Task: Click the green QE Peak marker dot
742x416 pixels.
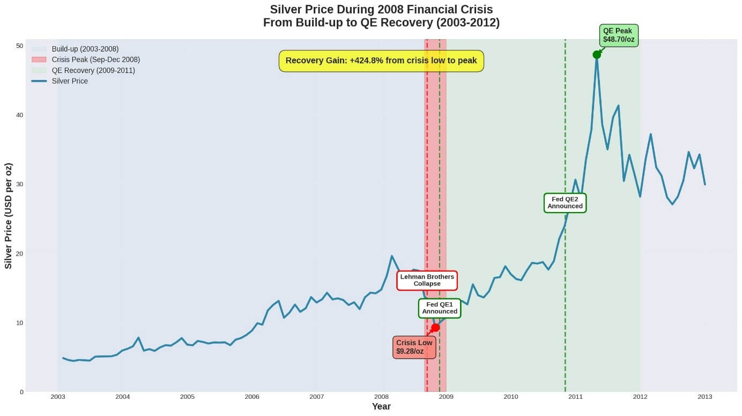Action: [x=597, y=55]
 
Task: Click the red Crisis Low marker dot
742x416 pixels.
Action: [x=435, y=327]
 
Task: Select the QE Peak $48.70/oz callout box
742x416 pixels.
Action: [x=619, y=35]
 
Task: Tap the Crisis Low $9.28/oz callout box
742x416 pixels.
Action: [x=414, y=347]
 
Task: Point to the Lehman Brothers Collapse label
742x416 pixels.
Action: [x=427, y=280]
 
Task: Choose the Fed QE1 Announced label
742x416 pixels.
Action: [x=440, y=308]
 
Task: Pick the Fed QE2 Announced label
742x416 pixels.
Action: [x=565, y=203]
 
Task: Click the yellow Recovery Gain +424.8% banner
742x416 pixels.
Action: [x=381, y=61]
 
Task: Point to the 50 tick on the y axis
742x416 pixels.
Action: [x=19, y=46]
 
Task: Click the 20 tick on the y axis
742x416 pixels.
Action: [x=19, y=253]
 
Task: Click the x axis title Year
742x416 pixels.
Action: [x=381, y=407]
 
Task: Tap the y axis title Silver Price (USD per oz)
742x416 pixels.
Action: [x=9, y=215]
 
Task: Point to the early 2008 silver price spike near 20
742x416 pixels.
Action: [x=392, y=256]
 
